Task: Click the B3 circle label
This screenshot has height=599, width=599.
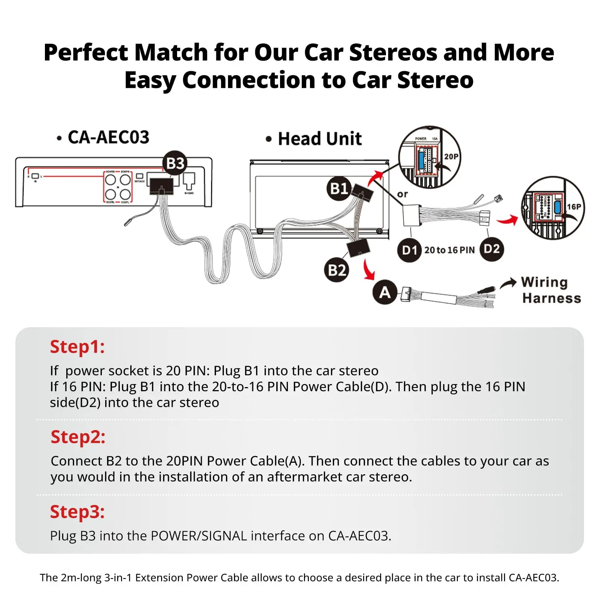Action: pos(175,163)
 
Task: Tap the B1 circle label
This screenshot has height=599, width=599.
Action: pos(339,188)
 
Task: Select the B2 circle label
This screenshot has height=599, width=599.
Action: pos(337,270)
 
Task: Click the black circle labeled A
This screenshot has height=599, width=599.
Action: pos(385,292)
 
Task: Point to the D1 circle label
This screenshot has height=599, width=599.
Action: pos(409,250)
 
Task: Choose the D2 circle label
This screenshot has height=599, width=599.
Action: pos(492,249)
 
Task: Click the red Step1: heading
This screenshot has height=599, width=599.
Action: pos(77,347)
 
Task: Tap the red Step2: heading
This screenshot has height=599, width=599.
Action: pos(78,437)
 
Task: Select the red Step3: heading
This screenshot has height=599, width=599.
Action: pos(77,512)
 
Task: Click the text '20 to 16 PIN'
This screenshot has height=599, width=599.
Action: pos(449,250)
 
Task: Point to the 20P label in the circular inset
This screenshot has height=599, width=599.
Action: pos(451,156)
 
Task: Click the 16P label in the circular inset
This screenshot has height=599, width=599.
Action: pos(574,207)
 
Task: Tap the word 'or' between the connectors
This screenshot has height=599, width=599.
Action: pos(402,194)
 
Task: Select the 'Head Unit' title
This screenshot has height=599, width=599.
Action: pos(319,139)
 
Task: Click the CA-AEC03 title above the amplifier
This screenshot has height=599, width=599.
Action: pos(108,137)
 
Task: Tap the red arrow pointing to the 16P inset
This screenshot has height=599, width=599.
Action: pos(508,220)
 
